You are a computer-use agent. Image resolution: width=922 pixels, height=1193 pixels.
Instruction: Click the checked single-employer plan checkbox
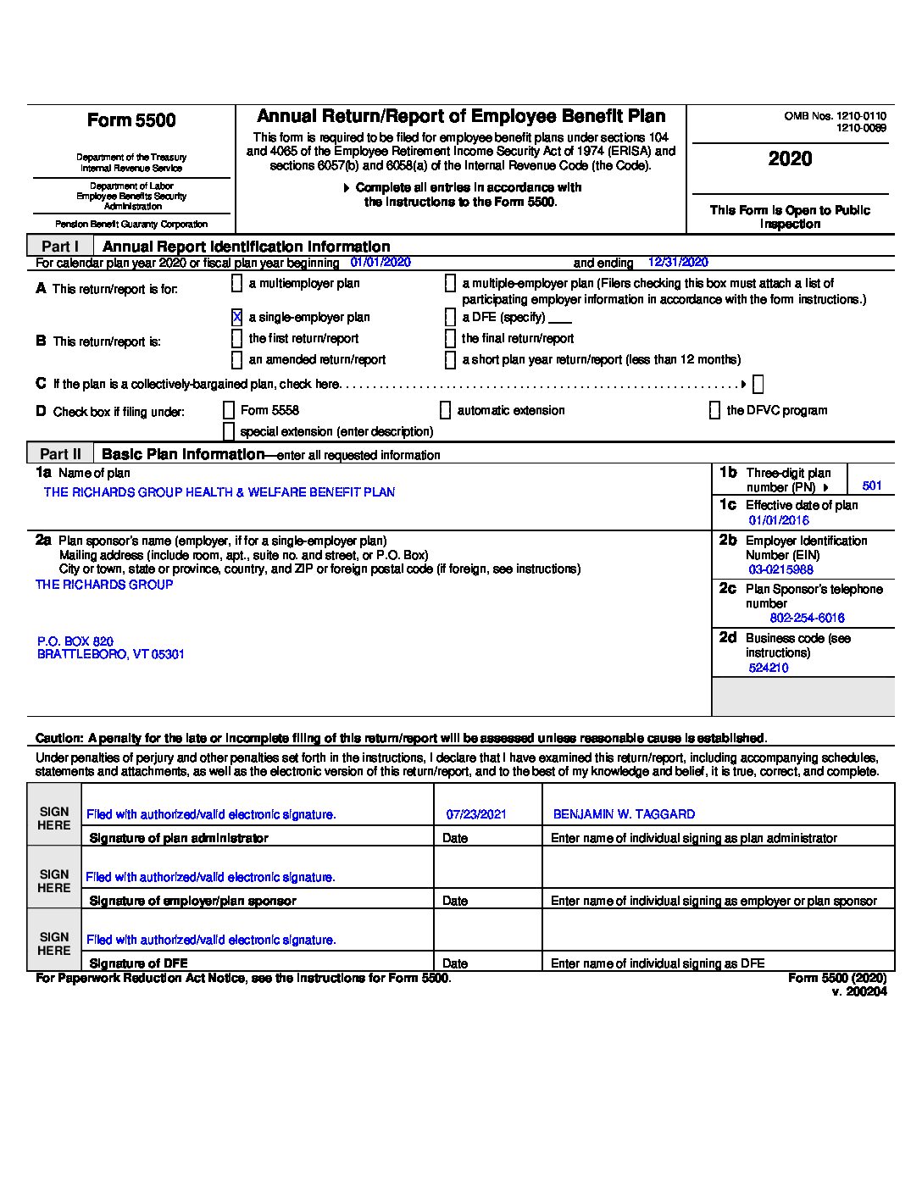click(x=236, y=317)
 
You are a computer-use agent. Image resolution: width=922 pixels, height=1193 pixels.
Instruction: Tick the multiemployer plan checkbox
click(x=236, y=283)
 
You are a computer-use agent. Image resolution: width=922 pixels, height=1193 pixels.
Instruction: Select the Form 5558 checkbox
click(x=228, y=410)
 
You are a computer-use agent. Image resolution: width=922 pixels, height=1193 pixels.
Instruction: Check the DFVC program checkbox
click(x=714, y=410)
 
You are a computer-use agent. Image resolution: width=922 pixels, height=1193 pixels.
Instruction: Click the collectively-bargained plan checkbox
click(x=758, y=384)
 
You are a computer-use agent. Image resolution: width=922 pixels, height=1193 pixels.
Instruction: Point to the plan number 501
click(x=872, y=486)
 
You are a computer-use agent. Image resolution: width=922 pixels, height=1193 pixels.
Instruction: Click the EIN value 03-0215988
click(x=780, y=569)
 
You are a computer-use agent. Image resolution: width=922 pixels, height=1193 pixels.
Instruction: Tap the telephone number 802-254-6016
click(x=807, y=618)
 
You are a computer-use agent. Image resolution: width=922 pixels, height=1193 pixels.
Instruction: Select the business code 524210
click(x=769, y=668)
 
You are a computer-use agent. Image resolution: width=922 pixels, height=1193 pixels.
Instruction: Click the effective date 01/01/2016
click(x=778, y=520)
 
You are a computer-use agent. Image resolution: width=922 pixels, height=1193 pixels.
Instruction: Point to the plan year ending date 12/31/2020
click(x=678, y=263)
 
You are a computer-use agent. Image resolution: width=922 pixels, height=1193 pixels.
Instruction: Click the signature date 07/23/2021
click(x=476, y=814)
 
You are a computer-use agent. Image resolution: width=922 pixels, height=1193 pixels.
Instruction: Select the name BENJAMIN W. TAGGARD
click(x=624, y=814)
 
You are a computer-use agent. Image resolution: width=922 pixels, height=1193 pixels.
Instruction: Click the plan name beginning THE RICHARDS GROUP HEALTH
click(x=219, y=492)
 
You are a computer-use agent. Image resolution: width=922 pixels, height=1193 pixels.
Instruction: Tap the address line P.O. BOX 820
click(x=75, y=641)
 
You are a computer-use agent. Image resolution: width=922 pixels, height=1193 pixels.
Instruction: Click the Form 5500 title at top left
click(x=131, y=120)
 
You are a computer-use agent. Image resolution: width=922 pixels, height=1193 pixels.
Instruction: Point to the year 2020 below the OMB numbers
click(x=790, y=158)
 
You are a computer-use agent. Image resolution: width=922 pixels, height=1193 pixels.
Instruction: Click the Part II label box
click(x=60, y=453)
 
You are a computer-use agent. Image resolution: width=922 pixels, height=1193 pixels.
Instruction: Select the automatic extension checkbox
click(x=445, y=410)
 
